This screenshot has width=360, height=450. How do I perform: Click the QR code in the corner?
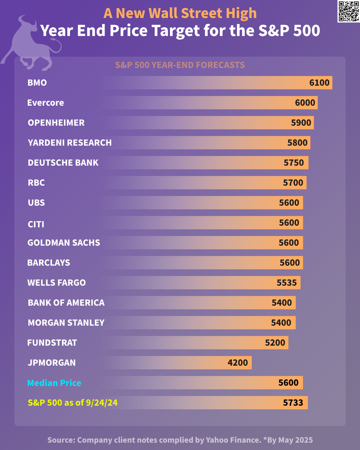click(x=349, y=11)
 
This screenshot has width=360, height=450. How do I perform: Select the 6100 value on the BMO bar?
click(x=319, y=83)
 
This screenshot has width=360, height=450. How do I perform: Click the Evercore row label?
click(x=46, y=103)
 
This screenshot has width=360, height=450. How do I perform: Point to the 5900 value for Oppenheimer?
click(x=301, y=123)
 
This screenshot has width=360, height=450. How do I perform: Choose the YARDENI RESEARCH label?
click(x=70, y=143)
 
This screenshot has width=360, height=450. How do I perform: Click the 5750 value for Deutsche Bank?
click(x=294, y=163)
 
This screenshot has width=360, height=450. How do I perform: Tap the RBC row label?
click(x=36, y=183)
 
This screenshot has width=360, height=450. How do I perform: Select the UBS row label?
click(x=36, y=203)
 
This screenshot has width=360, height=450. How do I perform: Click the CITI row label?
click(x=36, y=224)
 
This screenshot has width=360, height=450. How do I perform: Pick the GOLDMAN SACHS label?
click(x=64, y=243)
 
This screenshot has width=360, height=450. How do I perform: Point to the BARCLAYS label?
click(x=49, y=263)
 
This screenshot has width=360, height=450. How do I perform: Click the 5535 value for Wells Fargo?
click(x=287, y=283)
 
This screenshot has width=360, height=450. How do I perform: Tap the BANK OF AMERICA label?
click(x=66, y=303)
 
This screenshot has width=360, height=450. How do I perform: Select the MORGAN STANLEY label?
click(x=66, y=323)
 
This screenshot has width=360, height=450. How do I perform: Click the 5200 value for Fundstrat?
click(x=275, y=343)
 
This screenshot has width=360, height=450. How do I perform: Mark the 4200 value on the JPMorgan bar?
click(x=238, y=363)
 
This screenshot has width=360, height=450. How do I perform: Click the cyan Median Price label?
click(x=54, y=383)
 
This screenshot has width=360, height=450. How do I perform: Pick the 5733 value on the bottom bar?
click(x=293, y=403)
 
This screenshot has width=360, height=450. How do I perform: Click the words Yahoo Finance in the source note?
click(x=233, y=440)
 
